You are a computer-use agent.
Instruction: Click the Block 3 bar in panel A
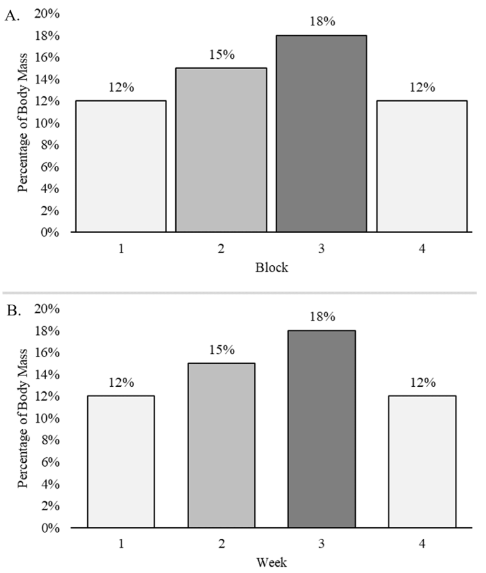321,134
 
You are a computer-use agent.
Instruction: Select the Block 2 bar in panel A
221,150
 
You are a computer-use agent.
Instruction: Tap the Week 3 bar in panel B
321,429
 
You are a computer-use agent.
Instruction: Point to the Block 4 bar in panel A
421,167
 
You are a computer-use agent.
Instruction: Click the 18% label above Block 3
321,22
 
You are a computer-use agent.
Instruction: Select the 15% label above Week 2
221,350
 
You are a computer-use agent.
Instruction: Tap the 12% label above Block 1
121,87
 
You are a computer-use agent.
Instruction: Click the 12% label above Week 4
421,383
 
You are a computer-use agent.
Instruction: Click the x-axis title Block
271,267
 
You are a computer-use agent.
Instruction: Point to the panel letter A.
12,17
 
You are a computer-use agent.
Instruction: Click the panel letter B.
12,312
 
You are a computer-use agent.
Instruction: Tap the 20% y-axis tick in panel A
47,15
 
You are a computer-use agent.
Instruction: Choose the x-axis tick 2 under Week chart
221,543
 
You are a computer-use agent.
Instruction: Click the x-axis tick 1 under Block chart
120,249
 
